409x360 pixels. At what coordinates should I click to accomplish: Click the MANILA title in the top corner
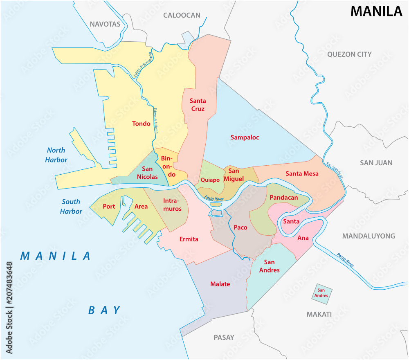click(376, 11)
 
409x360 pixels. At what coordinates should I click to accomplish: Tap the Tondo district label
click(141, 123)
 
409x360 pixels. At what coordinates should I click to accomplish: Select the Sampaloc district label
click(245, 137)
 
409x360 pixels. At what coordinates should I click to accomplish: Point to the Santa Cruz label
click(198, 105)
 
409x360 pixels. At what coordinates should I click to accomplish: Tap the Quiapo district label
click(210, 180)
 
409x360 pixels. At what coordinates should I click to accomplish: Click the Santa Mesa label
click(302, 173)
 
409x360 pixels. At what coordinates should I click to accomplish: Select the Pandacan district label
click(283, 198)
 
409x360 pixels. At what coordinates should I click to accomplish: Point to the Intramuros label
click(172, 205)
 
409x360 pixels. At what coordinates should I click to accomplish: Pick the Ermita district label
click(189, 239)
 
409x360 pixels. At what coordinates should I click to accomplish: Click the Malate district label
click(220, 284)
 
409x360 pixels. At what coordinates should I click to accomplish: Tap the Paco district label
click(240, 227)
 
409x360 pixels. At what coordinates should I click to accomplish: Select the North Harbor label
click(56, 155)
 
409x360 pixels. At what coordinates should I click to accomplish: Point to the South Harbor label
click(71, 207)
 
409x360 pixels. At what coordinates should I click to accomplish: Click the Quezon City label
click(349, 54)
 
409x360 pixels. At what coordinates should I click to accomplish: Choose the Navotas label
click(105, 24)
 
